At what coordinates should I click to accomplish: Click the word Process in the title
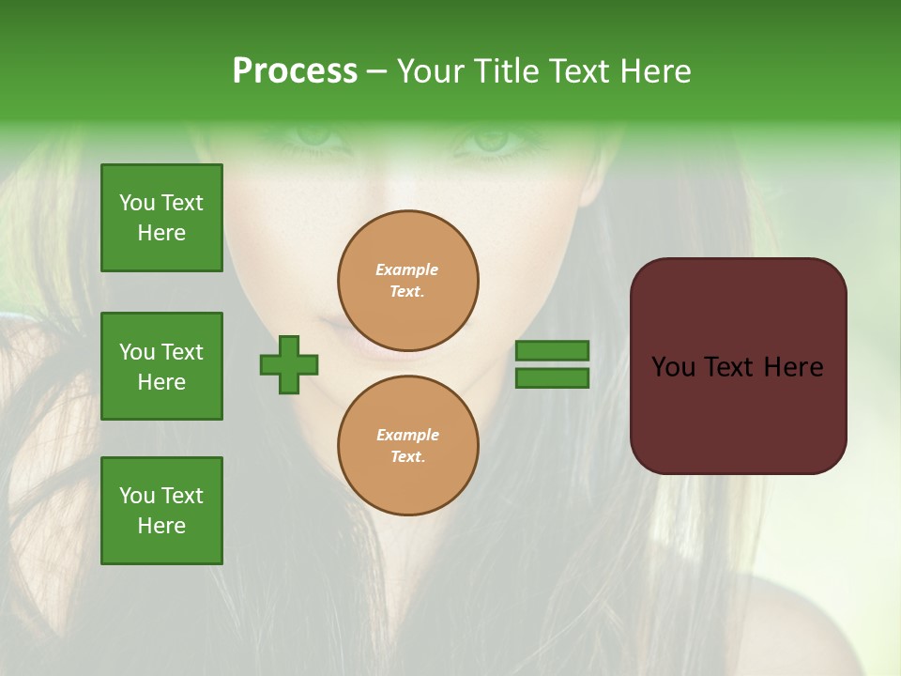tap(295, 71)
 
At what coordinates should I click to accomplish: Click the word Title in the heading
tap(505, 71)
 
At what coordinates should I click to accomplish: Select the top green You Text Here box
tap(161, 218)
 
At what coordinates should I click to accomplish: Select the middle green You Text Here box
tap(161, 366)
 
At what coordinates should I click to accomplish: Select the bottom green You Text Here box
tap(161, 510)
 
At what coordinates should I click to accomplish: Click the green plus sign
tap(289, 364)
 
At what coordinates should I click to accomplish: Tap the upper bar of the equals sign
tap(552, 350)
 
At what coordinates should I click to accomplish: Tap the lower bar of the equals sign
tap(552, 377)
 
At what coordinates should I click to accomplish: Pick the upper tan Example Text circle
tap(408, 280)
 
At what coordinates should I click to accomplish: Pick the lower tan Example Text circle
tap(408, 445)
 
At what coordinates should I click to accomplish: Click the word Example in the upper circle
tap(407, 269)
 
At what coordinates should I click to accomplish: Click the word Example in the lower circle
tap(407, 435)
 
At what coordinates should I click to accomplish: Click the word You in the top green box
tap(136, 203)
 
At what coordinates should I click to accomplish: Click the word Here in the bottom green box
tap(161, 526)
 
